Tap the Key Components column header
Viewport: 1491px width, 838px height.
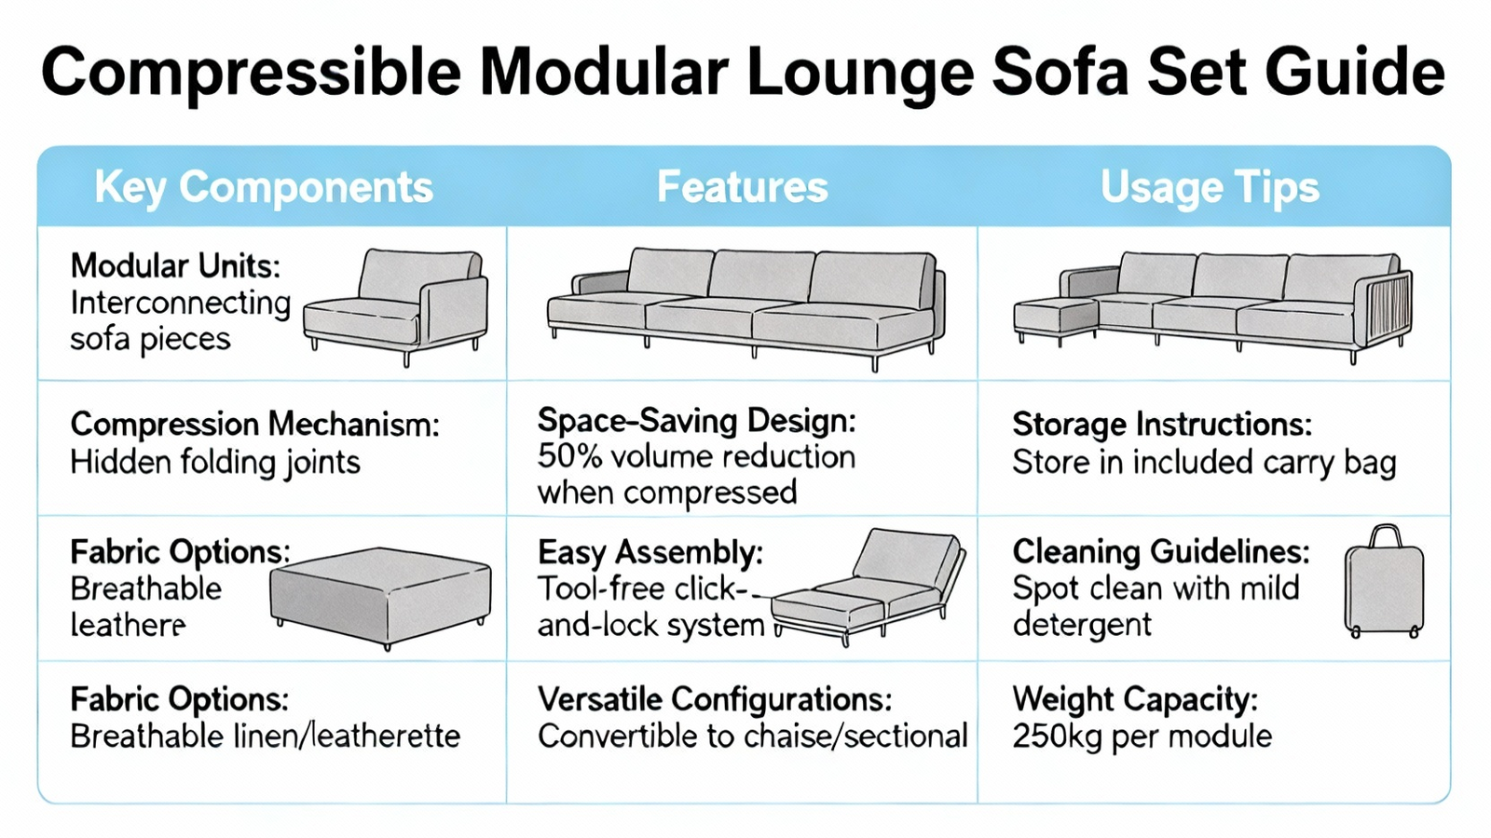coord(264,187)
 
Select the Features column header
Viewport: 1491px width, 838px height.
coord(742,187)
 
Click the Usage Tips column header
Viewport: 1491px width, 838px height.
coord(1210,187)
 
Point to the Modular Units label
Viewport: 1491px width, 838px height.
coord(176,266)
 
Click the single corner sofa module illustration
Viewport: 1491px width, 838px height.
coord(395,307)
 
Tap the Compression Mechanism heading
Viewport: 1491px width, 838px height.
coord(255,425)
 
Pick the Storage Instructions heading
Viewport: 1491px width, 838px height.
coord(1162,425)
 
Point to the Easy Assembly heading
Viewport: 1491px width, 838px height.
coord(650,553)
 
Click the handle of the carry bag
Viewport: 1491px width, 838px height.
coord(1385,536)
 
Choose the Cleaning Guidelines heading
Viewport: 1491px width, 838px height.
coord(1161,552)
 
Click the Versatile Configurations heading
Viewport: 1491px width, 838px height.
coord(715,699)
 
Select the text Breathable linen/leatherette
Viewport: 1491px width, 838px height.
coord(266,737)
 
